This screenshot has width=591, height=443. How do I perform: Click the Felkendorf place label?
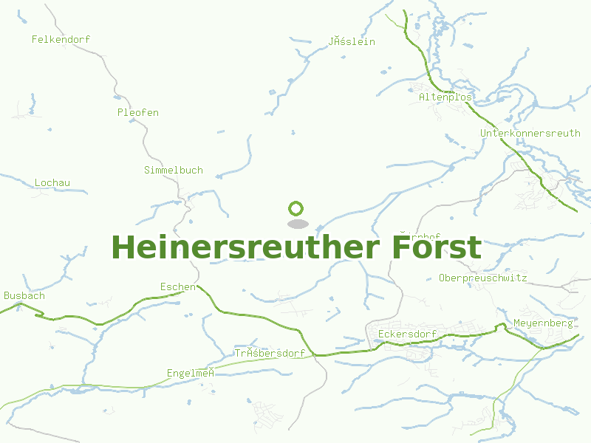tap(61, 39)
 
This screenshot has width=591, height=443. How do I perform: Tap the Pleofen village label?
tap(137, 112)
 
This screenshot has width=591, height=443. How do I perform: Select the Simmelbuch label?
tap(173, 170)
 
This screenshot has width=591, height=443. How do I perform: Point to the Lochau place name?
tap(52, 182)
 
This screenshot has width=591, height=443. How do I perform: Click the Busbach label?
tap(24, 295)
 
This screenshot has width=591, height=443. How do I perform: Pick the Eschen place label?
tap(178, 286)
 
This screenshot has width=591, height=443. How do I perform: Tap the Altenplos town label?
tap(445, 97)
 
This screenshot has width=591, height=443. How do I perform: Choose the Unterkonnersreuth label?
tap(530, 133)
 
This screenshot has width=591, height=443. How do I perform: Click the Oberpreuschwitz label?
tap(482, 278)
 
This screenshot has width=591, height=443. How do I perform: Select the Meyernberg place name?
tap(543, 323)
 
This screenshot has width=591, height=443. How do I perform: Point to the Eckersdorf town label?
tap(407, 334)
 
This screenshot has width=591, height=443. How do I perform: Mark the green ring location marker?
tap(296, 208)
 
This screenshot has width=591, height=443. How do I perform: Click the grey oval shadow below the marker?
tap(297, 224)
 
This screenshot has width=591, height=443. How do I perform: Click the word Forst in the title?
tap(436, 247)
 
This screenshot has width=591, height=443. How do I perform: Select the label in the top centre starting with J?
tap(352, 41)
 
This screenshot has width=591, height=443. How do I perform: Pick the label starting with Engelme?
tap(191, 373)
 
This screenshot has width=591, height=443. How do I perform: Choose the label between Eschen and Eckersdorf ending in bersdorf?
tap(270, 353)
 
